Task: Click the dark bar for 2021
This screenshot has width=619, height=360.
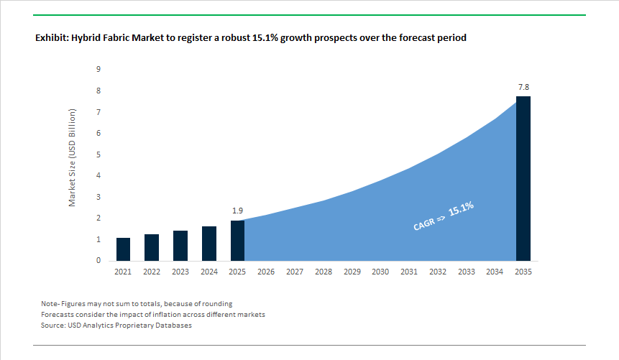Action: [x=123, y=249]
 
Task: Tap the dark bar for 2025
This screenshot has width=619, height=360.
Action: [x=237, y=240]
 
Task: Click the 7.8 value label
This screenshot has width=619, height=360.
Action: [x=523, y=87]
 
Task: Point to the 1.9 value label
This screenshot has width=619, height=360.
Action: [x=237, y=211]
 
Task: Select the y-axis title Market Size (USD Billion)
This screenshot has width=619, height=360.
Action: [x=72, y=158]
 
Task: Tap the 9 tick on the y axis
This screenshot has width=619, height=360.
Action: [x=98, y=69]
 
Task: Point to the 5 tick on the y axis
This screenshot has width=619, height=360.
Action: [x=98, y=154]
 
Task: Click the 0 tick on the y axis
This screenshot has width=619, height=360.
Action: [x=98, y=261]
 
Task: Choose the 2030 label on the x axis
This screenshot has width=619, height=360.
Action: [x=380, y=272]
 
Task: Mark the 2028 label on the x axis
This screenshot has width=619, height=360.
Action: [x=323, y=272]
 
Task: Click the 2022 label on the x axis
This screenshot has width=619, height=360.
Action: [x=152, y=272]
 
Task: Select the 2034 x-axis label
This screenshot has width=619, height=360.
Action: [x=495, y=272]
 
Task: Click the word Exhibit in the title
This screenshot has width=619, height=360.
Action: [x=51, y=37]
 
